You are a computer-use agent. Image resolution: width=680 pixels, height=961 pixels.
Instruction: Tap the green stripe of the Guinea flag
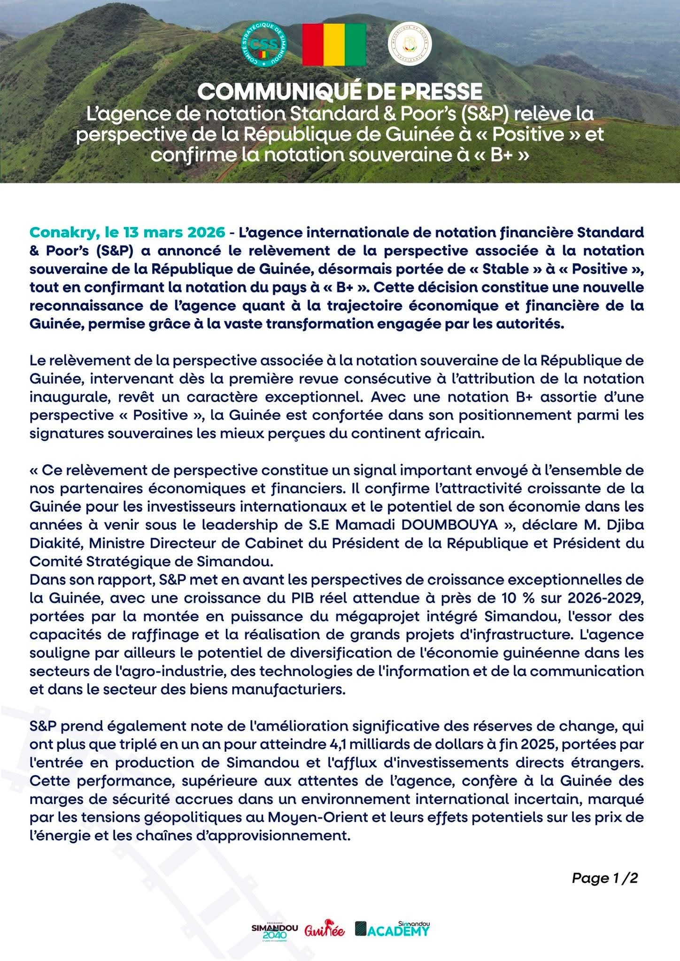tap(355, 45)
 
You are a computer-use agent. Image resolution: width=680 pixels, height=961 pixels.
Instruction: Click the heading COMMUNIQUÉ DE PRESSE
tap(340, 91)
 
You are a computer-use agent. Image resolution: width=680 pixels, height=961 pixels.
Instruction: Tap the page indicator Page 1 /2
tap(604, 878)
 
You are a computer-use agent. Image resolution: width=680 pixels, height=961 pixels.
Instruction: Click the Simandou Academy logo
tap(393, 929)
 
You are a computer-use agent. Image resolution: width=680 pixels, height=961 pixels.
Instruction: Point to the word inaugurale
tap(68, 397)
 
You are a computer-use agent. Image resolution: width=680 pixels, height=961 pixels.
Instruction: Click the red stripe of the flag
tap(313, 45)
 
